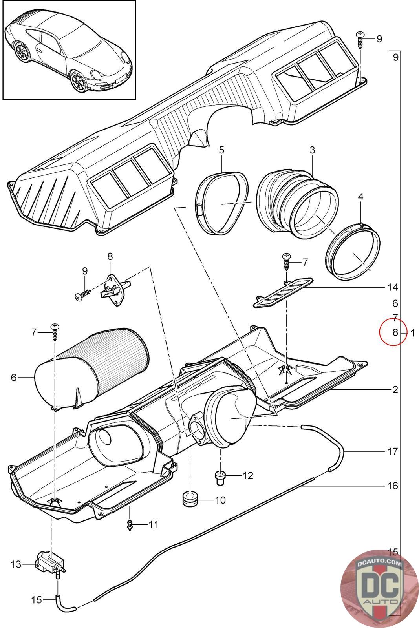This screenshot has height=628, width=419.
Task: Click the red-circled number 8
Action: (x=395, y=332)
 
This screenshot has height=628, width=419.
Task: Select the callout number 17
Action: (x=392, y=452)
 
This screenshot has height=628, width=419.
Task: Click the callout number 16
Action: (x=392, y=486)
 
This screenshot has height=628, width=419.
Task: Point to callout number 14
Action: (x=392, y=288)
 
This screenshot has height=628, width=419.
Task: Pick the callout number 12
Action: (x=248, y=476)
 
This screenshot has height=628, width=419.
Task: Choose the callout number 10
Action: (x=220, y=500)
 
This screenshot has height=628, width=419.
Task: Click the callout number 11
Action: (x=154, y=524)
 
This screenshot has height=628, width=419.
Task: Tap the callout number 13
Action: (x=16, y=564)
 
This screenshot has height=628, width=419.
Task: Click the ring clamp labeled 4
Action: (x=353, y=253)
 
